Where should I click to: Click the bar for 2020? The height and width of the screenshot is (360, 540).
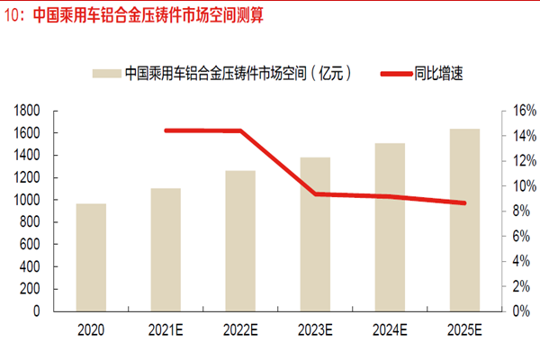91,257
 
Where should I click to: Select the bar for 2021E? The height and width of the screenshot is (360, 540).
166,249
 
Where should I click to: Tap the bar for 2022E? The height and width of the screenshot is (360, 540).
240,240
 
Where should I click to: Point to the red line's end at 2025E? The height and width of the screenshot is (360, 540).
464,202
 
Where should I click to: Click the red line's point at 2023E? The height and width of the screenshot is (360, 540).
315,193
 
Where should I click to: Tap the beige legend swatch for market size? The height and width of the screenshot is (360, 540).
106,73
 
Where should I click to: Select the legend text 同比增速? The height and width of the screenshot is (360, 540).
439,73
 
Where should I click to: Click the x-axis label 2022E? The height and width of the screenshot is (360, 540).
240,331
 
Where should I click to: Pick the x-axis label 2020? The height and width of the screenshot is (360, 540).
91,331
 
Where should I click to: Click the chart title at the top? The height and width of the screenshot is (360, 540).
135,15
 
